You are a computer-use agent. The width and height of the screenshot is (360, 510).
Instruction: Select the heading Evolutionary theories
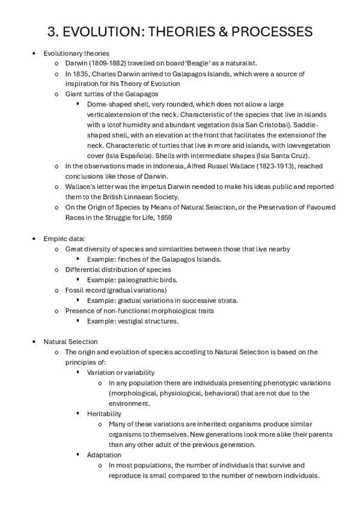pyautogui.click(x=76, y=54)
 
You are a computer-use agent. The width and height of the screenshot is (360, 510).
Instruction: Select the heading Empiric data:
pyautogui.click(x=64, y=239)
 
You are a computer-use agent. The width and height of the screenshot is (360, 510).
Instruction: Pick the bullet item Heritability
pyautogui.click(x=103, y=414)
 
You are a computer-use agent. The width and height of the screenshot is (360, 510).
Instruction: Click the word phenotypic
pyautogui.click(x=268, y=382)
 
